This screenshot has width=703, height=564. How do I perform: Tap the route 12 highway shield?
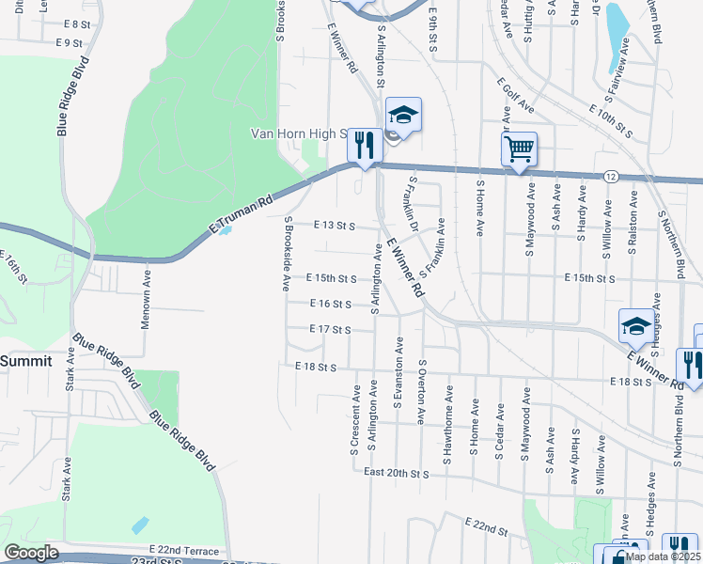611,177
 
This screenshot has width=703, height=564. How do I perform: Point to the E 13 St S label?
333,226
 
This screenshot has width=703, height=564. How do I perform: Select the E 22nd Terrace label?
184,551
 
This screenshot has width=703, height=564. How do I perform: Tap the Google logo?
31,553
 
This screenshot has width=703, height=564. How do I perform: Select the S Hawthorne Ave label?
448,418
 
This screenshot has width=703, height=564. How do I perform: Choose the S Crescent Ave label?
355,418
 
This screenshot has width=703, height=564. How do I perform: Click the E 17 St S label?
331,330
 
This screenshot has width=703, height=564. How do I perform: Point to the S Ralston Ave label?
633,221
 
